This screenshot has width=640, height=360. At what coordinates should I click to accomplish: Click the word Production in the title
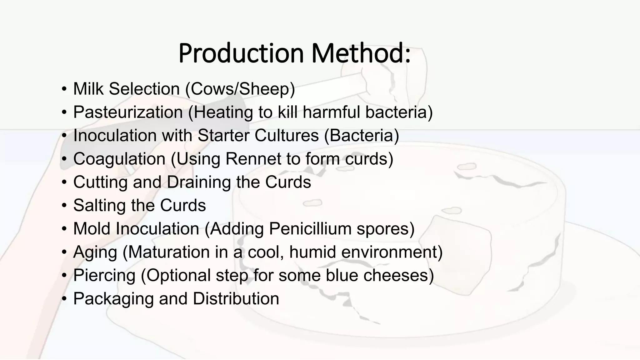click(x=241, y=53)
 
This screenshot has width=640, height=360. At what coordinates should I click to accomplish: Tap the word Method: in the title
click(x=361, y=53)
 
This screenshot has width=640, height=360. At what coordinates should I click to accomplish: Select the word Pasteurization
click(x=128, y=112)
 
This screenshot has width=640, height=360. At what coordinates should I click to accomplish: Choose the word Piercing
click(x=104, y=276)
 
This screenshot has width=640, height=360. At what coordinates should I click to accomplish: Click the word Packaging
click(x=113, y=299)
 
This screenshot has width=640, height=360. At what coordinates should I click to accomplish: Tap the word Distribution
click(x=236, y=299)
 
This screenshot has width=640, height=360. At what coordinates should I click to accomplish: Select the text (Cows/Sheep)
click(x=240, y=89)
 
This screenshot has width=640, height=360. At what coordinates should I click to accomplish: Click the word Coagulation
click(x=119, y=159)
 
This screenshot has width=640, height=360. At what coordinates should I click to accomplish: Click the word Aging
click(x=95, y=252)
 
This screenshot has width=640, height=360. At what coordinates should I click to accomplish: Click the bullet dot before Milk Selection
click(x=64, y=89)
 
